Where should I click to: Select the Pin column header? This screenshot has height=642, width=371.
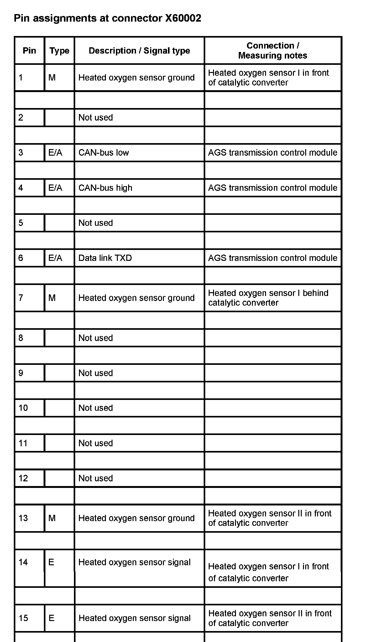[29, 51]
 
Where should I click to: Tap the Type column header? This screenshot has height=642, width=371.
[59, 51]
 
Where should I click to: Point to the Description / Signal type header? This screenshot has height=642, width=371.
[139, 51]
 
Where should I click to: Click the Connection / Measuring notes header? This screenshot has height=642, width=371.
[273, 50]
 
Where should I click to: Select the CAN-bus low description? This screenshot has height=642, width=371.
[104, 153]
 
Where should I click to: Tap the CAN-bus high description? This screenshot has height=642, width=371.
[105, 188]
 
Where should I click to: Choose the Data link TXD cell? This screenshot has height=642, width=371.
[105, 258]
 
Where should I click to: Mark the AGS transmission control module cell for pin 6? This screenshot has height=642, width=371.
[273, 258]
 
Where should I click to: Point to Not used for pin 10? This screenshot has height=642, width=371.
[96, 408]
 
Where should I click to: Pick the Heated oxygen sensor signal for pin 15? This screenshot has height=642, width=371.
[134, 618]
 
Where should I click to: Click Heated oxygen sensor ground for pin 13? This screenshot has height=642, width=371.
[136, 518]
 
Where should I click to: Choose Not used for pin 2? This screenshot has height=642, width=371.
[96, 117]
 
